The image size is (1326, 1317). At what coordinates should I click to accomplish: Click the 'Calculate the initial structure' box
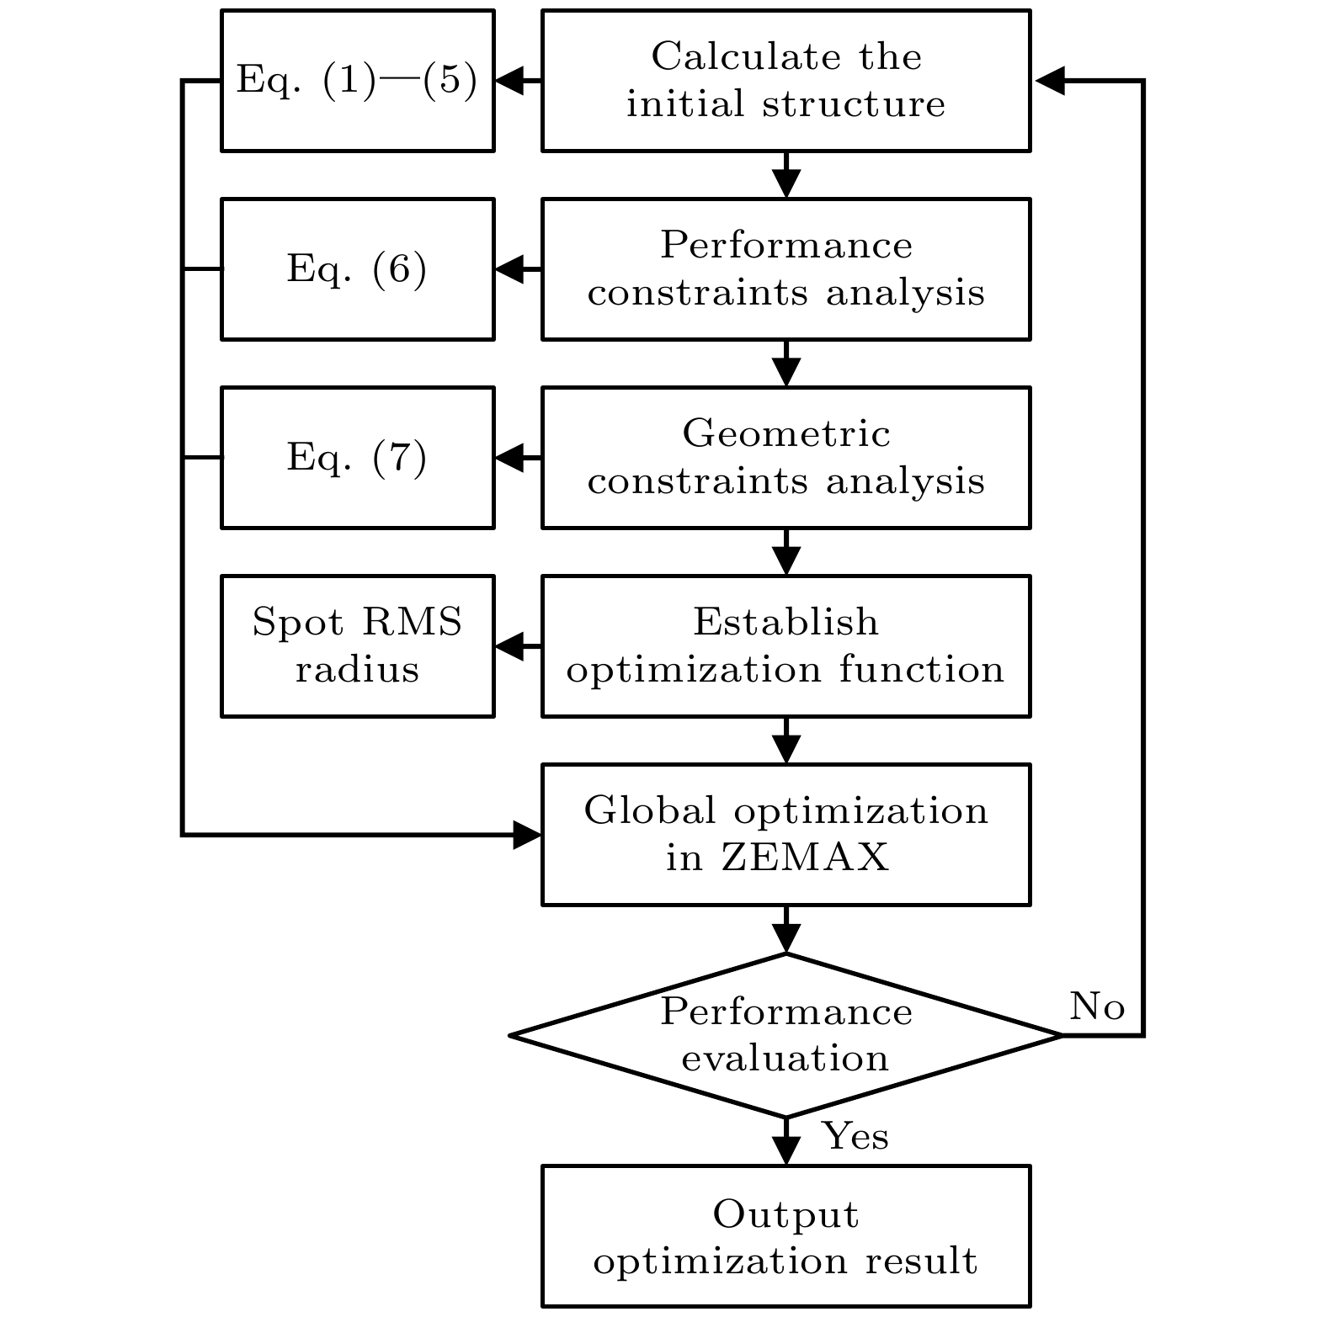[x=785, y=81]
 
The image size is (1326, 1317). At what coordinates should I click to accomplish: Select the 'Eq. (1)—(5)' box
[x=357, y=81]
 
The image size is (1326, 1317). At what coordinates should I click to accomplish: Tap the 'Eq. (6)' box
[x=357, y=269]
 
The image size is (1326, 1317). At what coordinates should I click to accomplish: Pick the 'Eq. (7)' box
[x=357, y=458]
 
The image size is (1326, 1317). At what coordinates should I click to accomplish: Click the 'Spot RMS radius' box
[x=357, y=646]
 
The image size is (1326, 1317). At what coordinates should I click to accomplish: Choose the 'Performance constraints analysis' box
[x=785, y=269]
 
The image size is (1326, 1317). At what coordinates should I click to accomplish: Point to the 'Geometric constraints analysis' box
[x=785, y=458]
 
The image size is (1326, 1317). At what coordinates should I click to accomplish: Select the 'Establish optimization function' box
[x=785, y=646]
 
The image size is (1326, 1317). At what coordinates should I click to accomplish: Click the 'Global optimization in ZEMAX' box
[x=785, y=835]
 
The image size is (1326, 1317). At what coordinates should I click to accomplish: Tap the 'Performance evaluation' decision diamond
[x=785, y=1035]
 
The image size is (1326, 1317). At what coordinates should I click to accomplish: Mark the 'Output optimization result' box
[x=785, y=1236]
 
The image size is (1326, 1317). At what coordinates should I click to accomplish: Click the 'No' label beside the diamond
[x=1096, y=1006]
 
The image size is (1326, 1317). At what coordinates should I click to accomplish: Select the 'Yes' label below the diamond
[x=855, y=1136]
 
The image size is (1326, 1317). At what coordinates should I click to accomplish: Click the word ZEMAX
[x=805, y=858]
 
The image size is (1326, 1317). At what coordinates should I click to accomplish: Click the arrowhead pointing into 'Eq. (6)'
[x=509, y=270]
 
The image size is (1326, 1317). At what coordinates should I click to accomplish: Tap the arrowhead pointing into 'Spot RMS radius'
[x=509, y=647]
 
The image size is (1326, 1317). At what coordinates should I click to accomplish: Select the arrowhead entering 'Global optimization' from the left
[x=527, y=836]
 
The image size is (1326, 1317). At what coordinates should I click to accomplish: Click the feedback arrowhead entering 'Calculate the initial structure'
[x=1049, y=82]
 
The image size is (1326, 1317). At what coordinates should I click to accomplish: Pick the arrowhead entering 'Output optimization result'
[x=786, y=1151]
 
